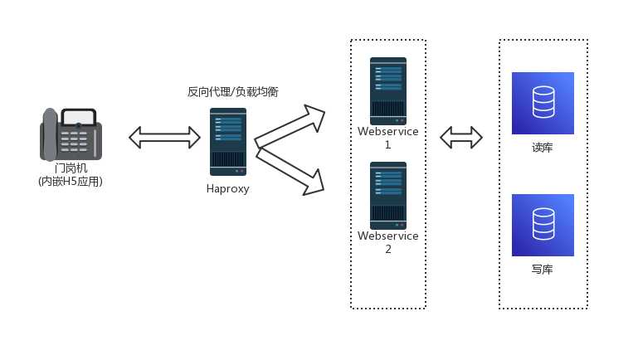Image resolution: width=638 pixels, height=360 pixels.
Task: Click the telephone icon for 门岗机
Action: coord(71,134)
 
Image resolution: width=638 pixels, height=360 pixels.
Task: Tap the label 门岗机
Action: coord(71,168)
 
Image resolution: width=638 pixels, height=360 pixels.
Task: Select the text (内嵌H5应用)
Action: coord(71,182)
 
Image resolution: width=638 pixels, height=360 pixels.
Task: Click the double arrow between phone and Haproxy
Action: coord(165,138)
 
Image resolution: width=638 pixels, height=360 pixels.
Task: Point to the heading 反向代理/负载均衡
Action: coord(232,92)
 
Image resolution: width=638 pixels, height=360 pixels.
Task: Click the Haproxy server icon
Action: coord(227,141)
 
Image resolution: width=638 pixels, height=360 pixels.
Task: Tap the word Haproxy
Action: coord(227,189)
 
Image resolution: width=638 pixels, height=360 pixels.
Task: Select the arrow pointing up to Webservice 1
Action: coord(289,126)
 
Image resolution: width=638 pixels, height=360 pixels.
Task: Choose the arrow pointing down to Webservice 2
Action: coord(289,169)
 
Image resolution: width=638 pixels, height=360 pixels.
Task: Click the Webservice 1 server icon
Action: coord(387,91)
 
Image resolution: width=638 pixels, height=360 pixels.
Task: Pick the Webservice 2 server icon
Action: coord(387,195)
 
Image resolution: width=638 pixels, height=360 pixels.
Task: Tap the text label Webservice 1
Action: coord(387,138)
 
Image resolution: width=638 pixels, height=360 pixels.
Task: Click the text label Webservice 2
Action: coord(387,242)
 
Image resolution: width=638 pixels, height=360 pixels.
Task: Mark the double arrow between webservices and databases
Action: coord(461,138)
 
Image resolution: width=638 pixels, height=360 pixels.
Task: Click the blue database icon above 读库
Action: coord(543,103)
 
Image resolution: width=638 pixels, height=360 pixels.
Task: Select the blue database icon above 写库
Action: coord(543,225)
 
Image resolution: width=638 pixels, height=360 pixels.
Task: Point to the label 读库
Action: coord(543,148)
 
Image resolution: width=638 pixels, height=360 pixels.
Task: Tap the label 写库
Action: coord(543,270)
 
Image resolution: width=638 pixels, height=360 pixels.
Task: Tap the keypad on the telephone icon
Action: coord(79,140)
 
